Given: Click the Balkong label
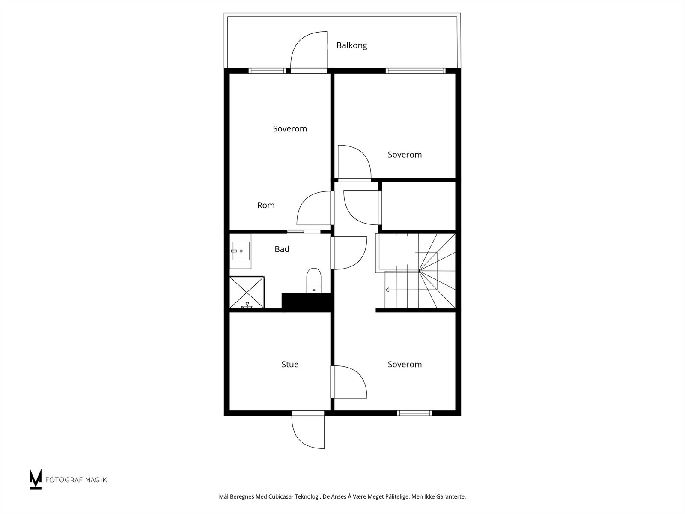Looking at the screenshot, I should [x=351, y=45].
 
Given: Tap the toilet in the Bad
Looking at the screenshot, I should [x=314, y=280].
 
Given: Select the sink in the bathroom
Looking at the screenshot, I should [x=240, y=251].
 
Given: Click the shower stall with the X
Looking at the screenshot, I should [x=247, y=293].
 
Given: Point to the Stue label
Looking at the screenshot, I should [x=290, y=365].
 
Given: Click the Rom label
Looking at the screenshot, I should [x=266, y=206].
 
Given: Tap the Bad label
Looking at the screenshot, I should [x=282, y=249].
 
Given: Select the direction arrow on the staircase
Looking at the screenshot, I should [x=388, y=290].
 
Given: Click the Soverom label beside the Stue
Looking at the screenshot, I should [x=405, y=365].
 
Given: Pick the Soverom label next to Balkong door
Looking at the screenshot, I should [x=290, y=129].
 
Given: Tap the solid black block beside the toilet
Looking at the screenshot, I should [x=307, y=302].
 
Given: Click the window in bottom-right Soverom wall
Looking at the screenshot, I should [x=414, y=413].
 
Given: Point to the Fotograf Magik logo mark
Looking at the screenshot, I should [x=35, y=479].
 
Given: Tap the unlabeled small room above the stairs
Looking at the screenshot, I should [x=418, y=206].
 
